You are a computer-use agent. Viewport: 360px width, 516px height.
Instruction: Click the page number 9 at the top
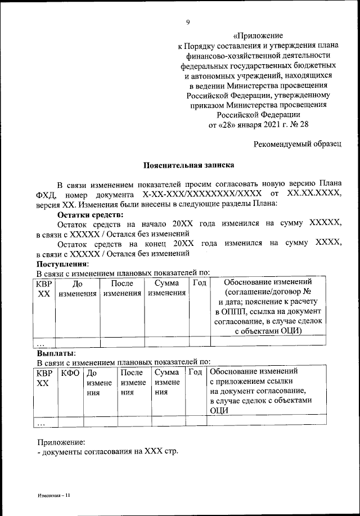pos(188,22)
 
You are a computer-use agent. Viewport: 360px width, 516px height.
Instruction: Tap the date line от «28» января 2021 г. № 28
pos(259,124)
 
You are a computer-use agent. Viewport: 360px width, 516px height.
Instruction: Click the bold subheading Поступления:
pos(62,263)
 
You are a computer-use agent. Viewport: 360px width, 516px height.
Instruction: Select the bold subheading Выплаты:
pos(56,353)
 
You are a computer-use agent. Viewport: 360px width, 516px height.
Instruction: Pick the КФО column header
pos(71,373)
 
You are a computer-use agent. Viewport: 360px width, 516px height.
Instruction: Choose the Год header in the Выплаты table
pos(195,373)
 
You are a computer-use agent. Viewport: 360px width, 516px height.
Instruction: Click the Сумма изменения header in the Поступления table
pos(166,288)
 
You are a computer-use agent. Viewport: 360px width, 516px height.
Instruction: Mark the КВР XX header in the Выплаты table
pos(45,378)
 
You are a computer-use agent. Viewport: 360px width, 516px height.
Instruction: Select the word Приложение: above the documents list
pos(60,442)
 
